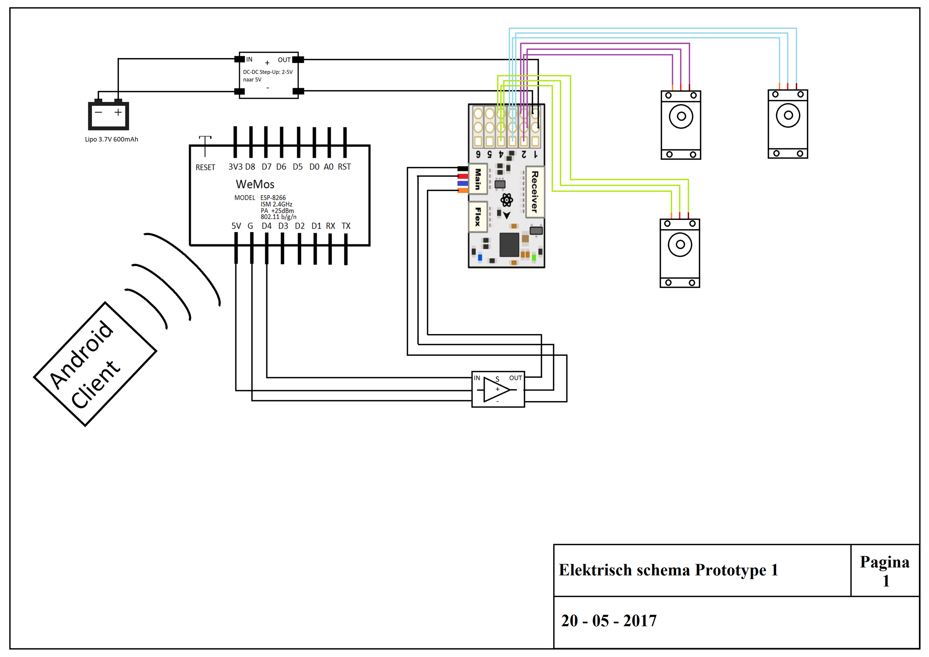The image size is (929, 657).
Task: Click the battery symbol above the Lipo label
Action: (108, 115)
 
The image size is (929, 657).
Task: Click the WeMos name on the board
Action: (255, 184)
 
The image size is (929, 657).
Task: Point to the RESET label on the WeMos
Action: (205, 167)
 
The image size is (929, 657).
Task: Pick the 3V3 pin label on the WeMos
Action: (235, 167)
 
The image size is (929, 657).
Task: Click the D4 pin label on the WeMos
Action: (267, 226)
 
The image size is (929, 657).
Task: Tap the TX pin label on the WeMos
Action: (346, 226)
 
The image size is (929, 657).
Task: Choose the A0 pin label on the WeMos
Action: (329, 167)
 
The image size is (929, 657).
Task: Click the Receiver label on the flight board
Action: (535, 192)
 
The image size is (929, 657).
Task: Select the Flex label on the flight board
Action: (478, 217)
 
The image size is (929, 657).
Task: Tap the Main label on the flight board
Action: (478, 179)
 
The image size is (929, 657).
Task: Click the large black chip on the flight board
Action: (509, 245)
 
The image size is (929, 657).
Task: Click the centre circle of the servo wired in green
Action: (680, 245)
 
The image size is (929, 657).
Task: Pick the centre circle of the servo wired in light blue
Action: (788, 115)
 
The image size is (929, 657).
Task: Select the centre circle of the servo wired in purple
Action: (681, 117)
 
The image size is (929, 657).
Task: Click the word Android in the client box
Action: (81, 355)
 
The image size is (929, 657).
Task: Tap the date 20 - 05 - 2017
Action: (608, 621)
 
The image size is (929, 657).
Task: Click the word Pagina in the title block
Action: (884, 562)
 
